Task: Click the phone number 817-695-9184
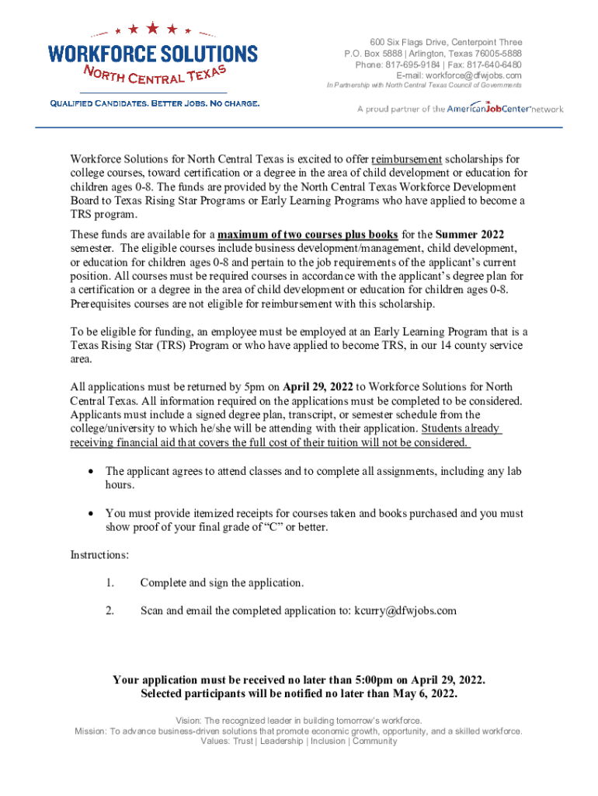412,65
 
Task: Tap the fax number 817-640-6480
494,65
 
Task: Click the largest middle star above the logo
153,29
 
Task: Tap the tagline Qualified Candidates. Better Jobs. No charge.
155,103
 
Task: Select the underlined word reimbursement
406,159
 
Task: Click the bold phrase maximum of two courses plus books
308,234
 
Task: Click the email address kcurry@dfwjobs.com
405,610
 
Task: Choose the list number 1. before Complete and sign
110,582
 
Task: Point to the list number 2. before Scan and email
110,610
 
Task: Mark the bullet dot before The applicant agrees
92,471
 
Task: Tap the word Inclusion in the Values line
329,741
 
